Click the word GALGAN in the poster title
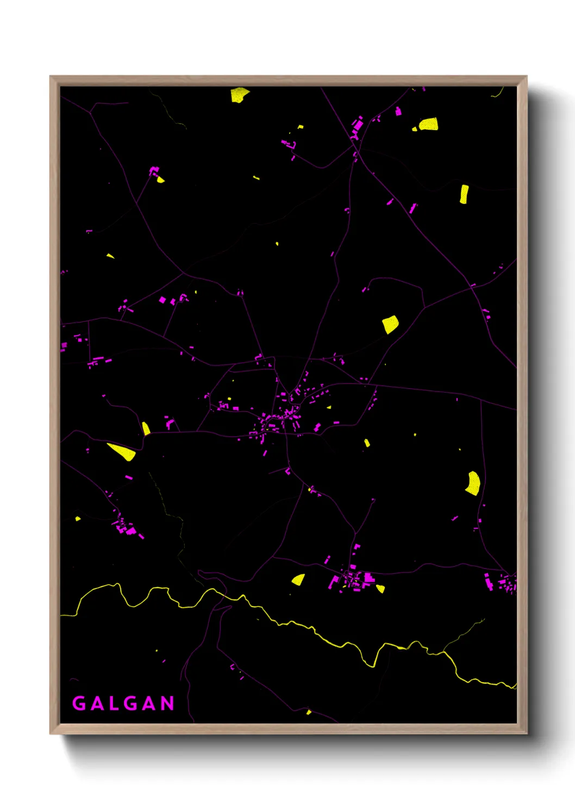coord(123,703)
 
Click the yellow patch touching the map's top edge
coord(239,95)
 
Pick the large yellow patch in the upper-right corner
coord(429,125)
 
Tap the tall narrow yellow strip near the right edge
coord(464,194)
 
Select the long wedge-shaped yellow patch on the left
coord(122,451)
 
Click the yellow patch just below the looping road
coord(390,325)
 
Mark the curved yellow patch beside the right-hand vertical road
coord(473,483)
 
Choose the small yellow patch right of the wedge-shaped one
coord(146,429)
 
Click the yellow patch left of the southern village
coord(298,579)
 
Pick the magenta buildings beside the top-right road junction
coord(358,126)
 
